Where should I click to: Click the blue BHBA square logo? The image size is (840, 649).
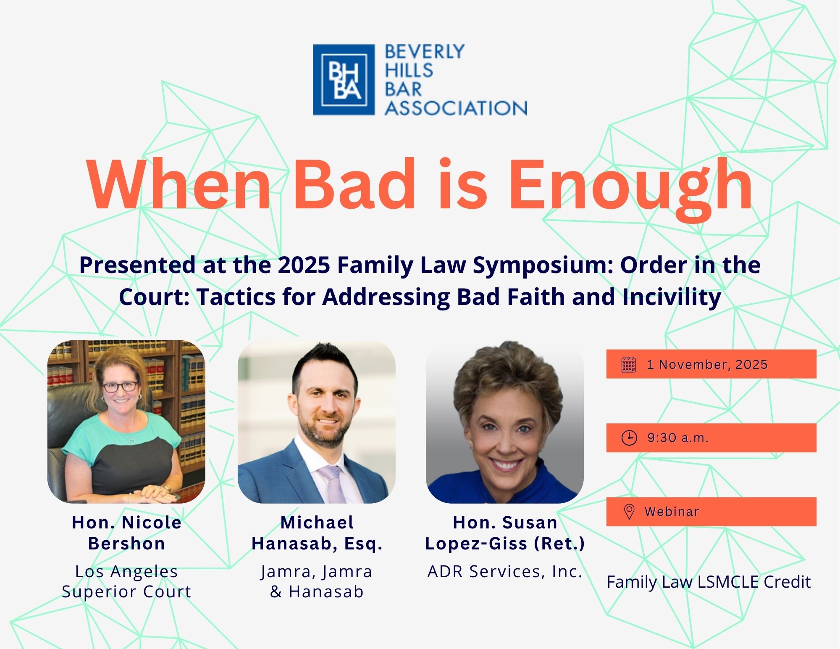click(344, 80)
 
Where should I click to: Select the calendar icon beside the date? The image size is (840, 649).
click(628, 364)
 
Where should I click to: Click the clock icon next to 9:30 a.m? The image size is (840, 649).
click(629, 438)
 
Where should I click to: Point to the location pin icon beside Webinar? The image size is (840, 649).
click(629, 512)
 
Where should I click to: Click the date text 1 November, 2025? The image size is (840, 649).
click(707, 364)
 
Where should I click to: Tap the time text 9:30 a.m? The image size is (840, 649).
click(677, 438)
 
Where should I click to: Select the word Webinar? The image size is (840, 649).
click(672, 512)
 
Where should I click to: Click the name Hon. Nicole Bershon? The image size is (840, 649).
click(126, 533)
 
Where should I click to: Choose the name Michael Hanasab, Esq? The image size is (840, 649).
click(317, 533)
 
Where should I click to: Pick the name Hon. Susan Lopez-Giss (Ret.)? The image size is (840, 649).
click(505, 533)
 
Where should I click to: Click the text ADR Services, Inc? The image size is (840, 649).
click(505, 571)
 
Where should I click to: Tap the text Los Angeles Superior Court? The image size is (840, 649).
click(126, 581)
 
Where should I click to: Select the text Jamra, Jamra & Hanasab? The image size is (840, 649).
click(316, 581)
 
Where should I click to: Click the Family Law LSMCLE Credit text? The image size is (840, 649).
click(709, 582)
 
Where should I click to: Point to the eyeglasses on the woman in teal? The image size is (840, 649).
click(120, 386)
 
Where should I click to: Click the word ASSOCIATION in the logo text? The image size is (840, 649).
click(456, 108)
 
